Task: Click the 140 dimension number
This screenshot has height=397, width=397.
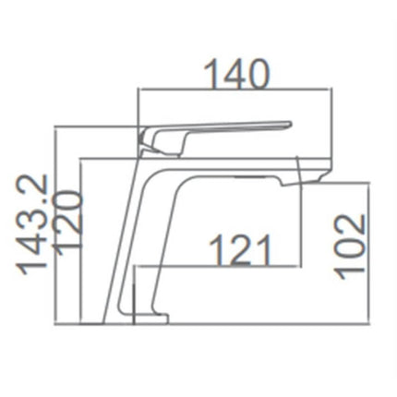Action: click(x=237, y=75)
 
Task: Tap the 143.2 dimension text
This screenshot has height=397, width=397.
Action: click(x=32, y=224)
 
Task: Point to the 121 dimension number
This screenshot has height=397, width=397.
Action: click(x=240, y=250)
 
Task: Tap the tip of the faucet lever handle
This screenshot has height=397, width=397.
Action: click(x=290, y=124)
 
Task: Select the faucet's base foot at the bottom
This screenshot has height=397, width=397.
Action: click(x=150, y=319)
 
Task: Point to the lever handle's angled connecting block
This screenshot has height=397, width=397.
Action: click(x=163, y=141)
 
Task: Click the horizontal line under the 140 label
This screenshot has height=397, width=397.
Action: click(x=235, y=90)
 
